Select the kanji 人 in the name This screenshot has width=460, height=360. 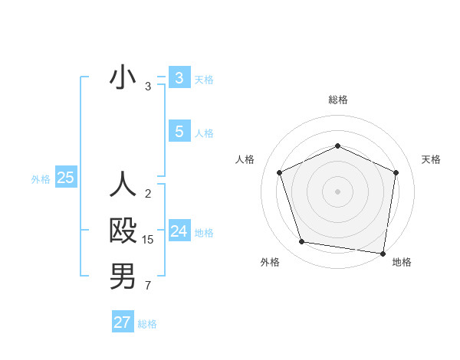point(123,185)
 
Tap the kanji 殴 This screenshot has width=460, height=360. point(123,231)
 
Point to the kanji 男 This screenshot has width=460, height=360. point(123,277)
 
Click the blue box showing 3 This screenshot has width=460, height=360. point(179,77)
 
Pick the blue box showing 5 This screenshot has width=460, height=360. point(179,132)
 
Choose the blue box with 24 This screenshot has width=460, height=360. point(179,231)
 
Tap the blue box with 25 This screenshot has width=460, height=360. point(65,178)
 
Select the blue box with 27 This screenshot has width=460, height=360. point(122,322)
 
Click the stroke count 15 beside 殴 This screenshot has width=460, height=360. point(148,240)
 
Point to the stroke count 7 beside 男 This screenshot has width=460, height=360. point(148,286)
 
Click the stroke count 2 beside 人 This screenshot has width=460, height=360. point(148,194)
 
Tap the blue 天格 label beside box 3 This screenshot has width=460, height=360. point(204,79)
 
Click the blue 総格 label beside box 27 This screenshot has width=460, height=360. point(147,324)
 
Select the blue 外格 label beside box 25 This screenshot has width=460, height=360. point(41,179)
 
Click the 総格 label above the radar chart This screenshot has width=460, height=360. point(337,100)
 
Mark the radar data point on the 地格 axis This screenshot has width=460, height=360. point(383,253)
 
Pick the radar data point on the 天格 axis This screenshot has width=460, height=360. point(396,172)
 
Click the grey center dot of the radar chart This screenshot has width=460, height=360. point(337,191)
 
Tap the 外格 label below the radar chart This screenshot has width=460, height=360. point(270,262)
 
